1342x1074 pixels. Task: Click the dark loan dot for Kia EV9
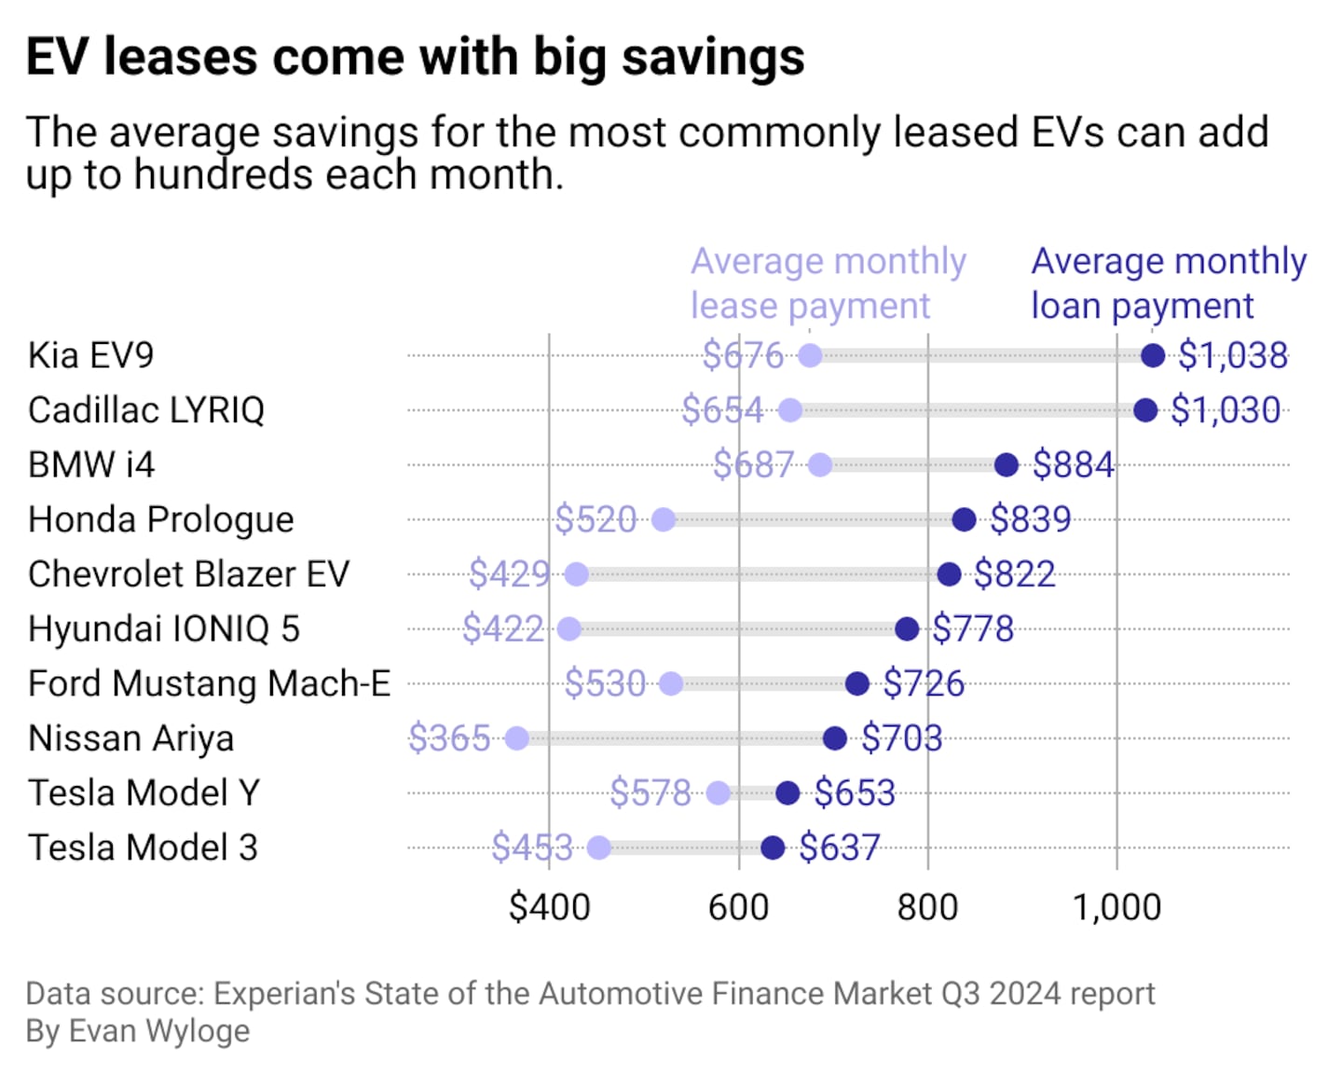[x=1153, y=355]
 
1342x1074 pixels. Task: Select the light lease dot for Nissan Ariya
[x=516, y=738]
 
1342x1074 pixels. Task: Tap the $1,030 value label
[x=1225, y=410]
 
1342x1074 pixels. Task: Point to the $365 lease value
[x=449, y=738]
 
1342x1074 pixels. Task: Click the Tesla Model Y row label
[x=144, y=793]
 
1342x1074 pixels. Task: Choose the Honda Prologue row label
[x=160, y=519]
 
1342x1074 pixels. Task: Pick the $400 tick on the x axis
[x=549, y=907]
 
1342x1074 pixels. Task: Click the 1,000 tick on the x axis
[x=1116, y=907]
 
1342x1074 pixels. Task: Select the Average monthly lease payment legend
[x=828, y=283]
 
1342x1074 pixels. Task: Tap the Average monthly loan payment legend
[x=1168, y=283]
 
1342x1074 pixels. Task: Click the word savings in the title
[x=713, y=57]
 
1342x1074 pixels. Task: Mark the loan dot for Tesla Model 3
[x=773, y=847]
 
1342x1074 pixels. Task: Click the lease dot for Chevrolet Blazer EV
[x=577, y=574]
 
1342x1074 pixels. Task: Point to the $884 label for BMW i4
[x=1073, y=464]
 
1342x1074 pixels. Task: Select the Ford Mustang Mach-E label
[x=209, y=683]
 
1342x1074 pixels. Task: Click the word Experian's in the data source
[x=284, y=994]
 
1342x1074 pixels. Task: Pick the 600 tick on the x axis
[x=738, y=907]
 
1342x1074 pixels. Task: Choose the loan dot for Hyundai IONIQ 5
[x=907, y=629]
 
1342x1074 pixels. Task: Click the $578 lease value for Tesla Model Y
[x=650, y=793]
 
